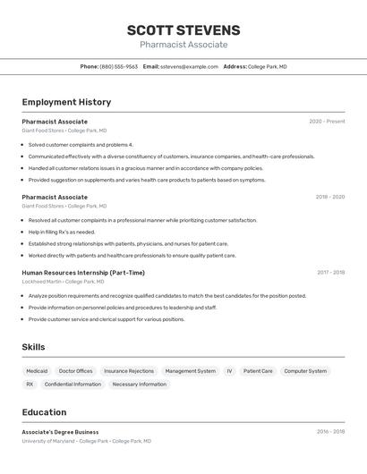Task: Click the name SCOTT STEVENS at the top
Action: coord(183,30)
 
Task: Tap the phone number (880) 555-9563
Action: coord(118,66)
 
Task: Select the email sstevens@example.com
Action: coord(190,66)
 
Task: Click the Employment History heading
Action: coord(66,102)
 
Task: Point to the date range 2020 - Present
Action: coord(327,122)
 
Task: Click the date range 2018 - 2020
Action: coord(329,197)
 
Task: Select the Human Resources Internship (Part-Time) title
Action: coord(83,273)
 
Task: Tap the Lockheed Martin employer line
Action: coord(63,282)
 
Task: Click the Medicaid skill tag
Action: coord(37,370)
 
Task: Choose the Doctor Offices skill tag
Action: coord(76,370)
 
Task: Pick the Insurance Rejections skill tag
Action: coord(129,370)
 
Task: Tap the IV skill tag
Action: coord(229,370)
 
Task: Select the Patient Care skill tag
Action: coord(258,370)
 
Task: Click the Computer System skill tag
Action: coord(305,370)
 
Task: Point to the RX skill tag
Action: coord(30,385)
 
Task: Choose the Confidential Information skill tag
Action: coord(73,385)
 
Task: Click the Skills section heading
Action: coord(33,347)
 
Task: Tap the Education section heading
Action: coord(44,412)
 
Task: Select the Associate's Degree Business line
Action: coord(60,432)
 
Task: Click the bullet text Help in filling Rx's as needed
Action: coord(61,232)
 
